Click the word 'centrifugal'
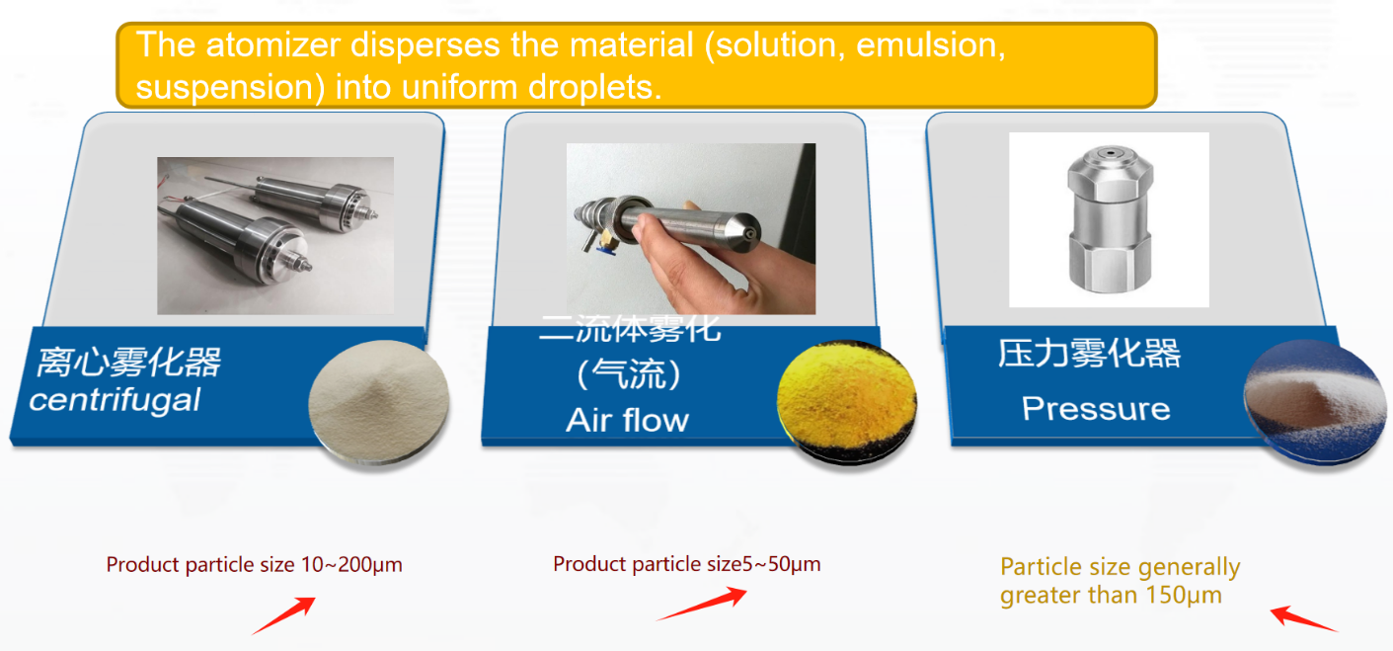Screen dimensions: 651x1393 [115, 399]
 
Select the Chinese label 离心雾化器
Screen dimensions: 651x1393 [128, 362]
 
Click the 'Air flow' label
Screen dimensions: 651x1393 [627, 420]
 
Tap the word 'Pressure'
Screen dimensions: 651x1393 [1096, 408]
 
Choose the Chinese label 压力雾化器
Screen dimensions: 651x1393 [1089, 354]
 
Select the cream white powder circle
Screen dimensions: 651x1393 [379, 400]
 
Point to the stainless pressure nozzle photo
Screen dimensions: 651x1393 [1108, 219]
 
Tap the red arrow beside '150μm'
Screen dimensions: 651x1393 [1303, 618]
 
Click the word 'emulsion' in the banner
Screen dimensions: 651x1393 [931, 45]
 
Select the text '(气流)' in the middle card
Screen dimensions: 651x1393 [629, 374]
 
